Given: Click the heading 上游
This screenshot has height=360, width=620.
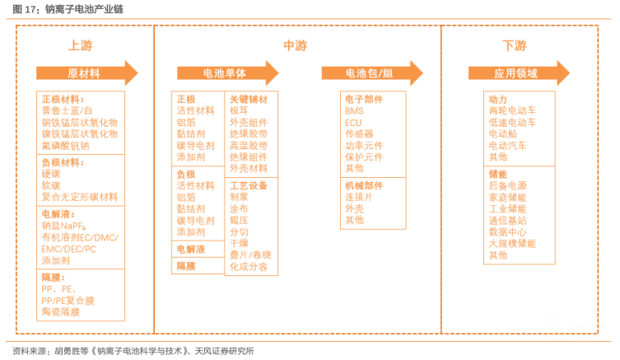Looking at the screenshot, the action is pos(81,45).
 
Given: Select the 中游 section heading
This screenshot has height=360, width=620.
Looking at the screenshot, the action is pos(296,45).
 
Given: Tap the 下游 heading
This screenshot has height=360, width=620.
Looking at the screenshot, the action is pos(515,45).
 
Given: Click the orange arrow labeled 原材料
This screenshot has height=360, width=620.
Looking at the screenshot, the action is pos(87,73).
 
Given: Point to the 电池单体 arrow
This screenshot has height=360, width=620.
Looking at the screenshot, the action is pos(228,73).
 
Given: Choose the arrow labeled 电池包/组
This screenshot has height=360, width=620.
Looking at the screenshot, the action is pos(372,73).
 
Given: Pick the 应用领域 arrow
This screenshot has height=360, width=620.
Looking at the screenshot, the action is pos(519,73).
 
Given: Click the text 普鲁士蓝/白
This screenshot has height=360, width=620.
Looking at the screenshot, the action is pos(67,110).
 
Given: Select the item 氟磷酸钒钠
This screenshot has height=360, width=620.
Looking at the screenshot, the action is pos(65,146).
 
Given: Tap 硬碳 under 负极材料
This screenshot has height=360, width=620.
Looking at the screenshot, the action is pos(51,174).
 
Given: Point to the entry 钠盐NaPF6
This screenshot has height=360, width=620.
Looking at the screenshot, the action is pos(63,226).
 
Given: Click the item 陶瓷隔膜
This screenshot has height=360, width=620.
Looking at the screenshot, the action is pos(60,312).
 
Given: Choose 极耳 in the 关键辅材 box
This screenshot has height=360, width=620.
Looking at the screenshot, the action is pos(239,110).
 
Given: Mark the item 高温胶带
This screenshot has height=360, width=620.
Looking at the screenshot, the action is pos(249,146).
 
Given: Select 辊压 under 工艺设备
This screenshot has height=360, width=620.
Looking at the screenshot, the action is pos(239,220).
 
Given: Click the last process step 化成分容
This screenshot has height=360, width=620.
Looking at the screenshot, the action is pos(249,267).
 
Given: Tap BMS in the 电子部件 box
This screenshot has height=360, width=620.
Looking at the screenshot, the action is pos(354,111).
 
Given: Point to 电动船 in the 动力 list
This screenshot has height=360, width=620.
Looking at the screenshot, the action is pos(503,133).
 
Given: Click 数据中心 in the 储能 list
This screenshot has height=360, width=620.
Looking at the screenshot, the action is pos(508,231).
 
